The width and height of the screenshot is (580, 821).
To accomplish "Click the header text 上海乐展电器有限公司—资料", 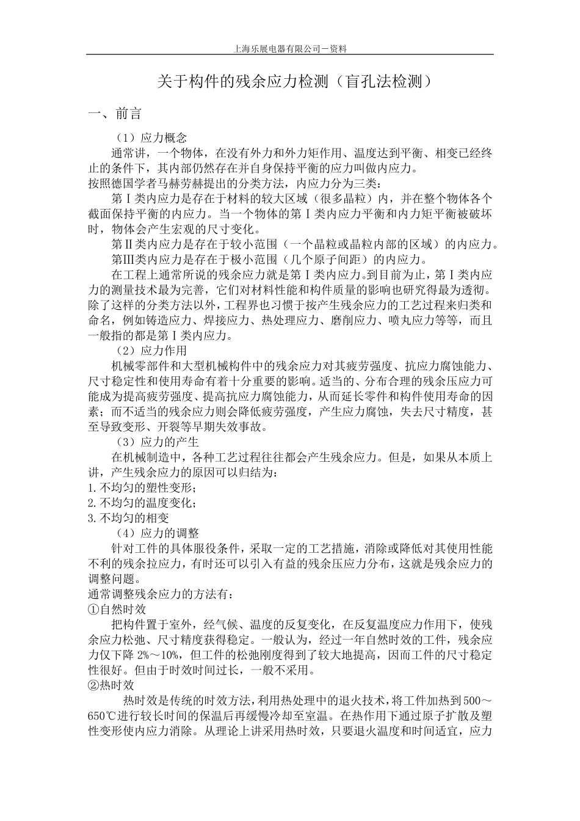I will coord(290,49).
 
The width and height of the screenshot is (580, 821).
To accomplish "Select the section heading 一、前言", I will coord(115,114).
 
